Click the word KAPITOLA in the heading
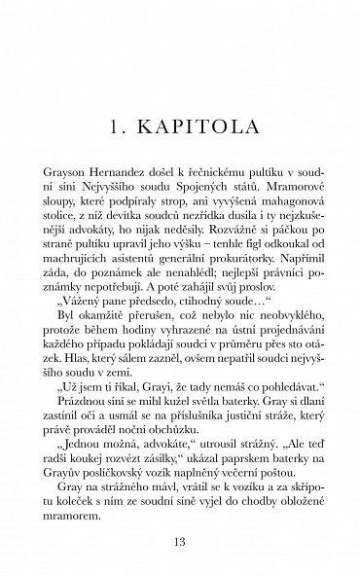point(201,127)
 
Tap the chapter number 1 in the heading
point(114,127)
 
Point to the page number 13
point(181,540)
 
